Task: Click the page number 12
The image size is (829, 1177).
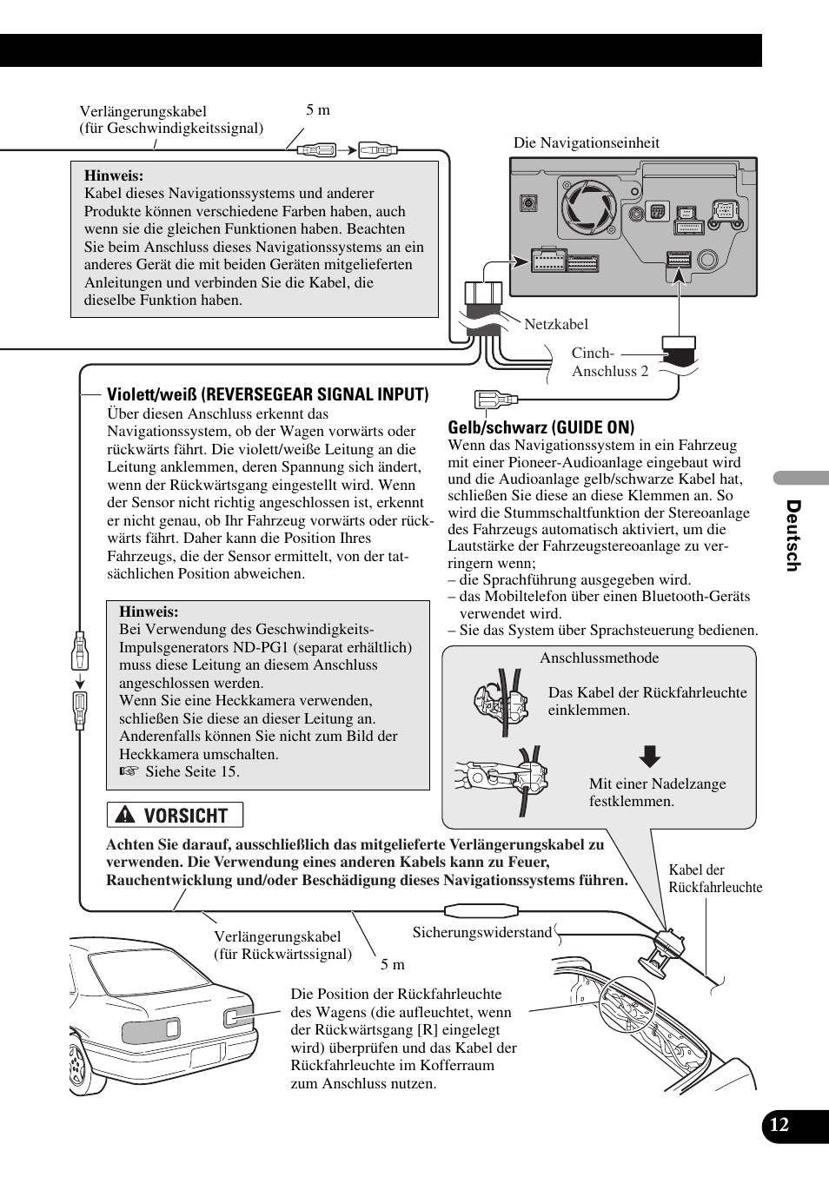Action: pos(779,1125)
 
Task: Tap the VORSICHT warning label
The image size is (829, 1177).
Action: pos(175,815)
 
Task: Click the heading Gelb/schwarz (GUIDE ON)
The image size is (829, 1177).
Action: pos(541,427)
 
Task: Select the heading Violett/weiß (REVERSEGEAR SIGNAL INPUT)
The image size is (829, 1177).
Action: pos(268,395)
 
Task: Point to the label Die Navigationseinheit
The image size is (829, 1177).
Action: pos(586,143)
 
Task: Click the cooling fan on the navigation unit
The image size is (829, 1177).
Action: pos(588,208)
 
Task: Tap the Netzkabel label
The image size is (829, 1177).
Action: pos(556,324)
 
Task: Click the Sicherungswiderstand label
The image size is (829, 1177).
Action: pos(481,932)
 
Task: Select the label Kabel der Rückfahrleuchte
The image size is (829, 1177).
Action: pos(714,878)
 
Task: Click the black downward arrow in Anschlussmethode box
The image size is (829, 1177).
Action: pos(649,757)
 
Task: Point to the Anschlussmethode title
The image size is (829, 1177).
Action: pos(599,658)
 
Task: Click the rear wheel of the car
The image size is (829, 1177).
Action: pos(78,1064)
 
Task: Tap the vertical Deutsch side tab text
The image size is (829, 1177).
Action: pos(793,535)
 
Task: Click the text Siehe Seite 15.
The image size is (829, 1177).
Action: pos(192,771)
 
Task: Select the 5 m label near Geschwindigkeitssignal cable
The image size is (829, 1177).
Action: pos(318,110)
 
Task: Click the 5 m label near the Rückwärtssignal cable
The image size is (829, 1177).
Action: pos(392,964)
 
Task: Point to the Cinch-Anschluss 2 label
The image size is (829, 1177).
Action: pos(609,362)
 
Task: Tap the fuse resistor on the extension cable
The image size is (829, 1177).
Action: pos(481,911)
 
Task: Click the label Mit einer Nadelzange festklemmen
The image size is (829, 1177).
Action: pos(657,792)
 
